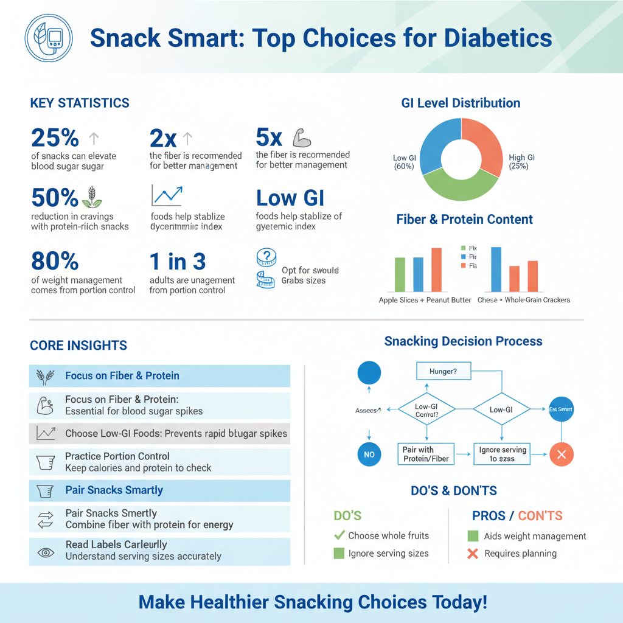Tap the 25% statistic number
pyautogui.click(x=55, y=138)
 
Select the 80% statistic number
pyautogui.click(x=55, y=262)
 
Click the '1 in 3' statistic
pyautogui.click(x=178, y=262)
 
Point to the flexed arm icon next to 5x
pyautogui.click(x=302, y=137)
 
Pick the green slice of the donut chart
pyautogui.click(x=461, y=186)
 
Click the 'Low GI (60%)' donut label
pyautogui.click(x=404, y=162)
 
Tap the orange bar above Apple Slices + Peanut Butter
pyautogui.click(x=436, y=270)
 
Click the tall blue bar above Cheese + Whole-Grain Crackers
pyautogui.click(x=496, y=269)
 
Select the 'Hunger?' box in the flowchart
pyautogui.click(x=443, y=371)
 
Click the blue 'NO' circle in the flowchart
pyautogui.click(x=369, y=454)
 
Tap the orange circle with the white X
pyautogui.click(x=561, y=454)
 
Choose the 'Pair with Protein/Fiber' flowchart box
pyautogui.click(x=426, y=454)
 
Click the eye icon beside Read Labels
pyautogui.click(x=46, y=552)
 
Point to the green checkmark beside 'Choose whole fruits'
pyautogui.click(x=339, y=535)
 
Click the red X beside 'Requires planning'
pyautogui.click(x=473, y=554)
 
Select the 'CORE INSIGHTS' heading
pyautogui.click(x=78, y=346)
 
